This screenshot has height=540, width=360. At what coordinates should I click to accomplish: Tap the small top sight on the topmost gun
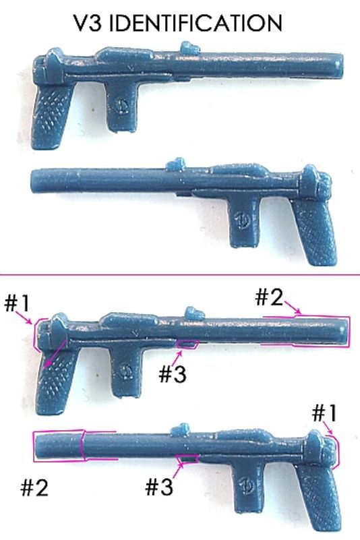pyautogui.click(x=190, y=49)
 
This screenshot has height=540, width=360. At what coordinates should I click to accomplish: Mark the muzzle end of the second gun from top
pyautogui.click(x=34, y=181)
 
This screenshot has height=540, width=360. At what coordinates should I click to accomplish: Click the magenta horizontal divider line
pyautogui.click(x=180, y=275)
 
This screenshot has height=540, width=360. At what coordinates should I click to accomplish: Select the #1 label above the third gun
pyautogui.click(x=17, y=304)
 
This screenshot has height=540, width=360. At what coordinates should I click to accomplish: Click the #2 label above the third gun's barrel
pyautogui.click(x=269, y=297)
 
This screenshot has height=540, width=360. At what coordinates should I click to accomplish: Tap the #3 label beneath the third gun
pyautogui.click(x=173, y=373)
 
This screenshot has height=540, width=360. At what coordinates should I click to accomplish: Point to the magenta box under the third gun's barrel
pyautogui.click(x=187, y=344)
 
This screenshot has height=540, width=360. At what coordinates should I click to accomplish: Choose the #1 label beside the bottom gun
pyautogui.click(x=324, y=413)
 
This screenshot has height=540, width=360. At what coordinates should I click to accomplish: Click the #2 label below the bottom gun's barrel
pyautogui.click(x=34, y=487)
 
